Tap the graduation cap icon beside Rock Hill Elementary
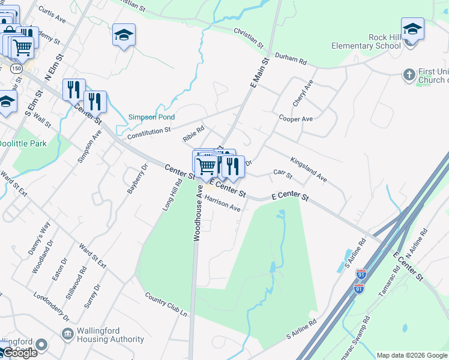click(x=413, y=29)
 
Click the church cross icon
click(x=409, y=74)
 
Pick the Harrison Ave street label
click(x=222, y=204)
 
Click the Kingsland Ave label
click(x=308, y=170)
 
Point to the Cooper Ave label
click(x=295, y=119)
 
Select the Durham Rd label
click(x=291, y=59)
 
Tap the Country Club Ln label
click(x=166, y=305)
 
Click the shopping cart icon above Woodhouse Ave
click(x=206, y=165)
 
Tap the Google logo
click(x=19, y=353)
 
